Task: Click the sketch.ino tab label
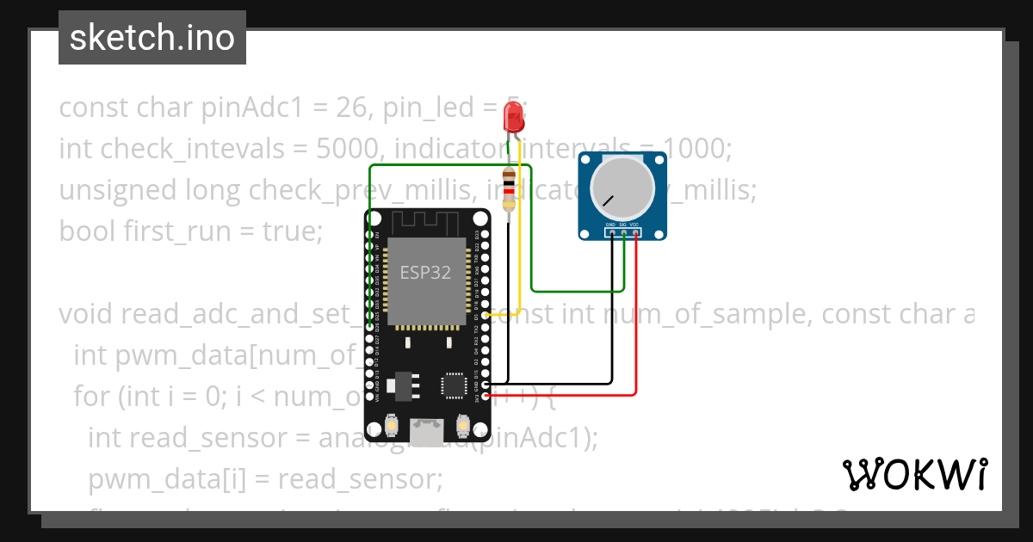coord(152,38)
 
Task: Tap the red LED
coord(514,115)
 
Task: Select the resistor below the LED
coord(509,191)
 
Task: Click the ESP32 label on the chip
coord(424,273)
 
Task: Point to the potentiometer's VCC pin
coord(635,232)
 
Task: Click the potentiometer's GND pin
coord(611,232)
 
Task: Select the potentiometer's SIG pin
coord(623,232)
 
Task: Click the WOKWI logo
coord(915,474)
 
